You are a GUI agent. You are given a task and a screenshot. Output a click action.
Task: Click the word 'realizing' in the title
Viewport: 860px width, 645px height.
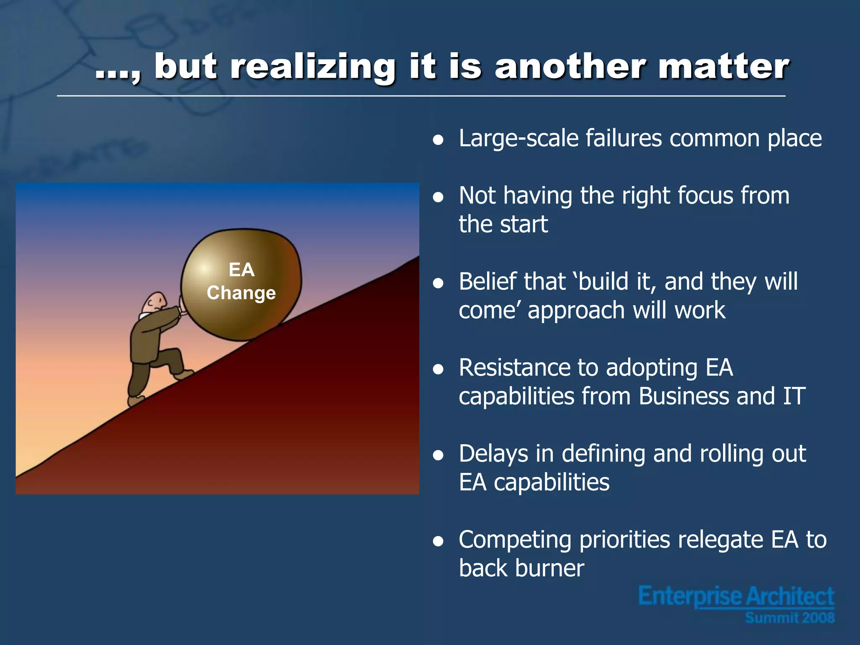tap(313, 67)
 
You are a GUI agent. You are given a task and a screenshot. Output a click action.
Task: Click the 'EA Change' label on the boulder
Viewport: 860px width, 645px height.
tap(241, 281)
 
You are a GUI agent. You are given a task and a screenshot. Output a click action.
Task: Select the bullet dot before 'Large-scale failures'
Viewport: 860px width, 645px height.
tap(438, 140)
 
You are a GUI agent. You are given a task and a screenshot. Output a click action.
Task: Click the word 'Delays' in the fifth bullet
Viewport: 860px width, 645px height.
tap(493, 454)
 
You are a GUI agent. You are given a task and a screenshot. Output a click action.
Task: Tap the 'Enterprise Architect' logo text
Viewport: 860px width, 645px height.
tap(736, 596)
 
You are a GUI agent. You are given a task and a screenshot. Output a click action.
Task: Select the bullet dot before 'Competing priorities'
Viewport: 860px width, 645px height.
tap(438, 542)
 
